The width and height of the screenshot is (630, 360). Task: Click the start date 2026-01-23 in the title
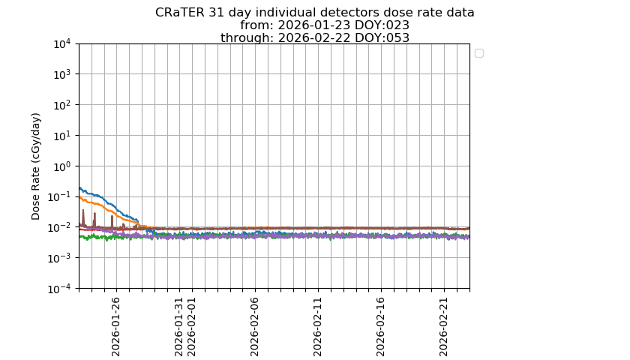(314, 25)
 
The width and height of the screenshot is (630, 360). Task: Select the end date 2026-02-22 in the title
(314, 37)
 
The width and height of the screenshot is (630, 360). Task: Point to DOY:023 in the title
(382, 25)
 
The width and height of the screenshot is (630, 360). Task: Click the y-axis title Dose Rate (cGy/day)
(36, 166)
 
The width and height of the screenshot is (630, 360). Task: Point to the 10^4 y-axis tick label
(63, 43)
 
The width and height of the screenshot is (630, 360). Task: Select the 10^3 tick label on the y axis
(63, 74)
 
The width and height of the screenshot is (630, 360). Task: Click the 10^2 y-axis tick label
(63, 105)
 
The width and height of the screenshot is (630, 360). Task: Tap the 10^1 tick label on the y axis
(63, 136)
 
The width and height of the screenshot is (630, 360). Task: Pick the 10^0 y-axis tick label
(63, 166)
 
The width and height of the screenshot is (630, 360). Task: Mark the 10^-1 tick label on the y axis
(60, 196)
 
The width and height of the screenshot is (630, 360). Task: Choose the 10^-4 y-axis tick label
(60, 289)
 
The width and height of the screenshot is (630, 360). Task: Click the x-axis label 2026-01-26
(115, 327)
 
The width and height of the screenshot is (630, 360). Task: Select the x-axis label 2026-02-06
(254, 327)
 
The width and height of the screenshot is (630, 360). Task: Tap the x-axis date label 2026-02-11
(317, 327)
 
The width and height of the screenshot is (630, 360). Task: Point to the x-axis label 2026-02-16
(380, 327)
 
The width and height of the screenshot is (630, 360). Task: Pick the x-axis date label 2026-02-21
(443, 327)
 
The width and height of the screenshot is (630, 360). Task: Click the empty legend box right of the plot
(479, 53)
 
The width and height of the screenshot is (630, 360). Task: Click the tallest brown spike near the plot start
(83, 217)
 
